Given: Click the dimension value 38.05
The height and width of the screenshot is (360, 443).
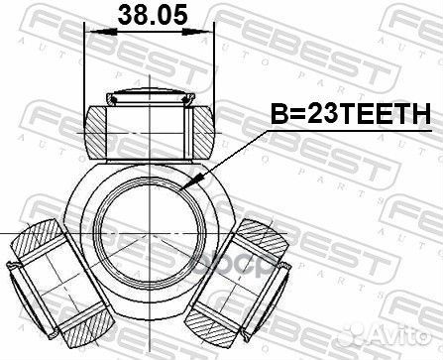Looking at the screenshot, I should (149, 16).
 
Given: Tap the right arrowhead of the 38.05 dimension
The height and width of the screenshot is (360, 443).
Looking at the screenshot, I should (209, 34).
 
